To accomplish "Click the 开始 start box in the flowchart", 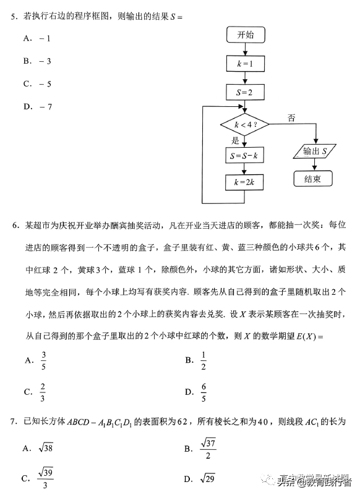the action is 246,35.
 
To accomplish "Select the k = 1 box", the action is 246,64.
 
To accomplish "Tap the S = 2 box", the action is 246,93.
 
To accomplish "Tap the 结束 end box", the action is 312,179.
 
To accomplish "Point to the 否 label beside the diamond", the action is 291,117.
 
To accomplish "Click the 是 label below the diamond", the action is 235,141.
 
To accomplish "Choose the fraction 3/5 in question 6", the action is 44,360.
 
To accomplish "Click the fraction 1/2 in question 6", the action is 204,360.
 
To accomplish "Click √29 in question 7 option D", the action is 208,478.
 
